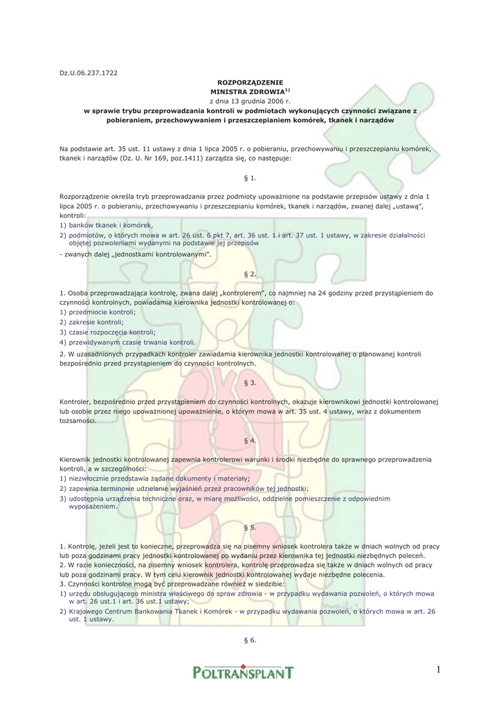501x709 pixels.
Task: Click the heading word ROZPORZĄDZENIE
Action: pos(250,82)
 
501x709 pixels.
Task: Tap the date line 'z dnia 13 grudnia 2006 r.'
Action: pos(250,100)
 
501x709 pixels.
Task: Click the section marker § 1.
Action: pos(250,178)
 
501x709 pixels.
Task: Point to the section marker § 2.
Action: pos(250,274)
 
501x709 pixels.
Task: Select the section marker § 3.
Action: pos(250,382)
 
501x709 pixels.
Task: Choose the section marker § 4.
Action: pos(250,440)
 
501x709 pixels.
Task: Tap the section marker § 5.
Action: pos(250,527)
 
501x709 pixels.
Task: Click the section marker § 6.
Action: pos(250,640)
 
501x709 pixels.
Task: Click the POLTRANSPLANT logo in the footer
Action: pos(243,671)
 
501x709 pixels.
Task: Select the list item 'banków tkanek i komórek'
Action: pos(110,225)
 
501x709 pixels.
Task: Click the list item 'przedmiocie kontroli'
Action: pos(102,312)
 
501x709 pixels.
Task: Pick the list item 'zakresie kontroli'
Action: pos(95,322)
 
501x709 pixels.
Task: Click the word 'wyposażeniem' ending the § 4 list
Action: pos(92,506)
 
